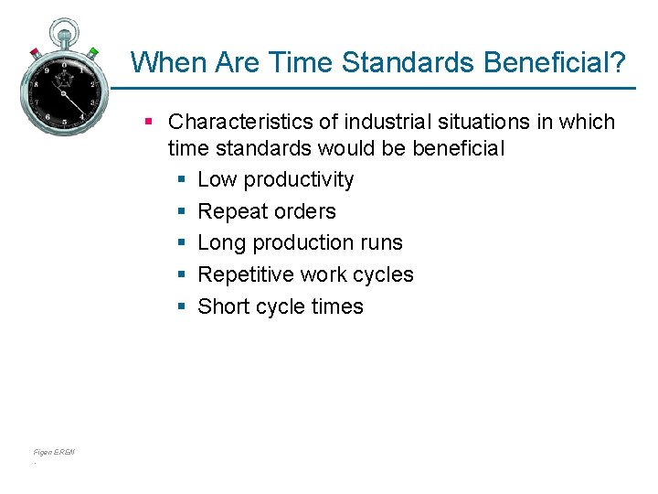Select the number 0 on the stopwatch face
(64, 65)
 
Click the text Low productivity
(275, 179)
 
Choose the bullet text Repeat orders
(267, 211)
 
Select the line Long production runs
(300, 242)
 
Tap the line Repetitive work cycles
(305, 274)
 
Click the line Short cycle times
(281, 306)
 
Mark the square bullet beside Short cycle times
(182, 307)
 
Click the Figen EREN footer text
(54, 452)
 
